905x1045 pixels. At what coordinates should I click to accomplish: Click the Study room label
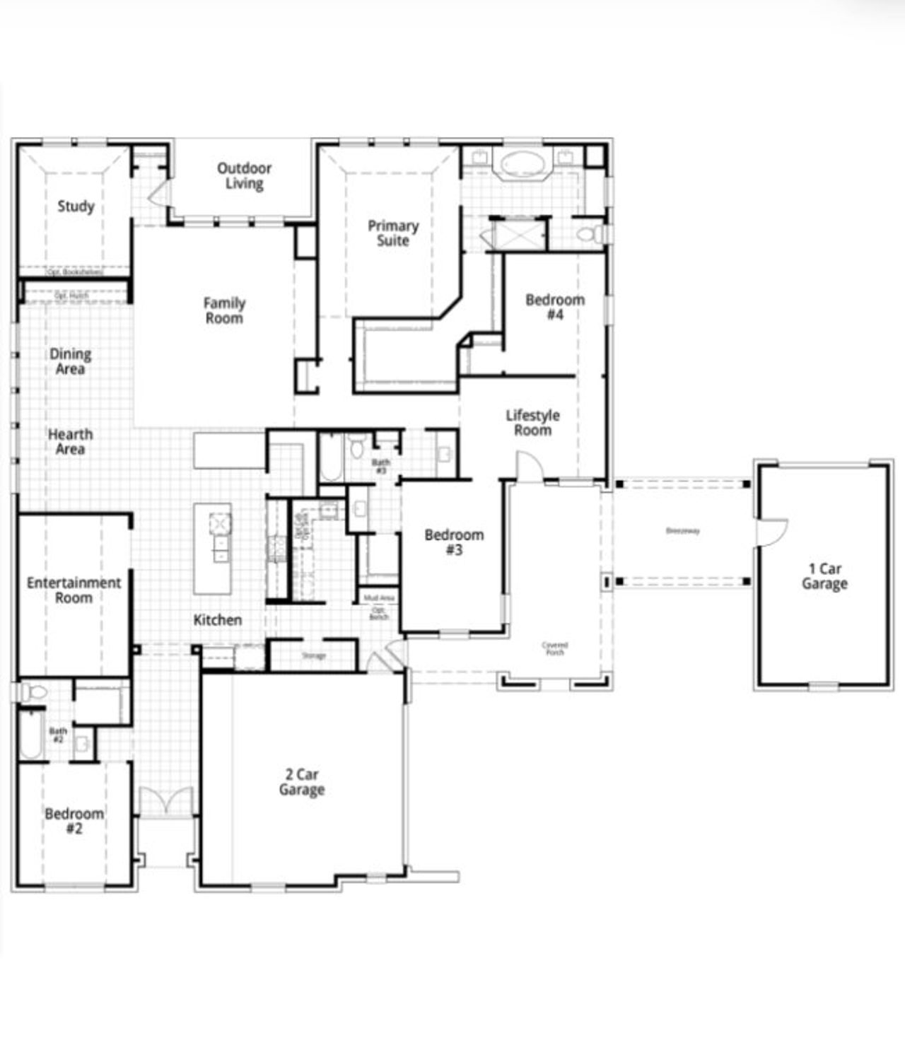(76, 206)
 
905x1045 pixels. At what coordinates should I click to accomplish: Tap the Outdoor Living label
(244, 176)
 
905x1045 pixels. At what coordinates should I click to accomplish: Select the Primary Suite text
(393, 233)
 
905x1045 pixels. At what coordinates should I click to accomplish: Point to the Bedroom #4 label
(555, 307)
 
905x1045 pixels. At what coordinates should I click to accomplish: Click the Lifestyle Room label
(532, 423)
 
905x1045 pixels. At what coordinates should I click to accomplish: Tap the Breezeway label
(682, 531)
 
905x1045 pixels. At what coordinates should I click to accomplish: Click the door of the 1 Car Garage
(771, 532)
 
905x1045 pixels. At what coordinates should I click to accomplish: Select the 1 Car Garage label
(824, 576)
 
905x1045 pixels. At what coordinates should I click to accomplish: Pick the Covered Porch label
(555, 648)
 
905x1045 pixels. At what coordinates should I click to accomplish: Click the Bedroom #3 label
(454, 542)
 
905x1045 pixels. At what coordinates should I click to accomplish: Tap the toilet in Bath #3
(356, 448)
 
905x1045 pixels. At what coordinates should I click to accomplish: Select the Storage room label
(314, 656)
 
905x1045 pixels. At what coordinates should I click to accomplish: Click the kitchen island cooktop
(220, 524)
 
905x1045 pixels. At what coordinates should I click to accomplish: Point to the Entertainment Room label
(74, 590)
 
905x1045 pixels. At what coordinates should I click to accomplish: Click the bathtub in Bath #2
(30, 735)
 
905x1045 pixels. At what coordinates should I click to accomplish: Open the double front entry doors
(165, 802)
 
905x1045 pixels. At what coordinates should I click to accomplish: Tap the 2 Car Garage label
(302, 782)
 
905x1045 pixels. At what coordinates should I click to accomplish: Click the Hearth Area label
(71, 442)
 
